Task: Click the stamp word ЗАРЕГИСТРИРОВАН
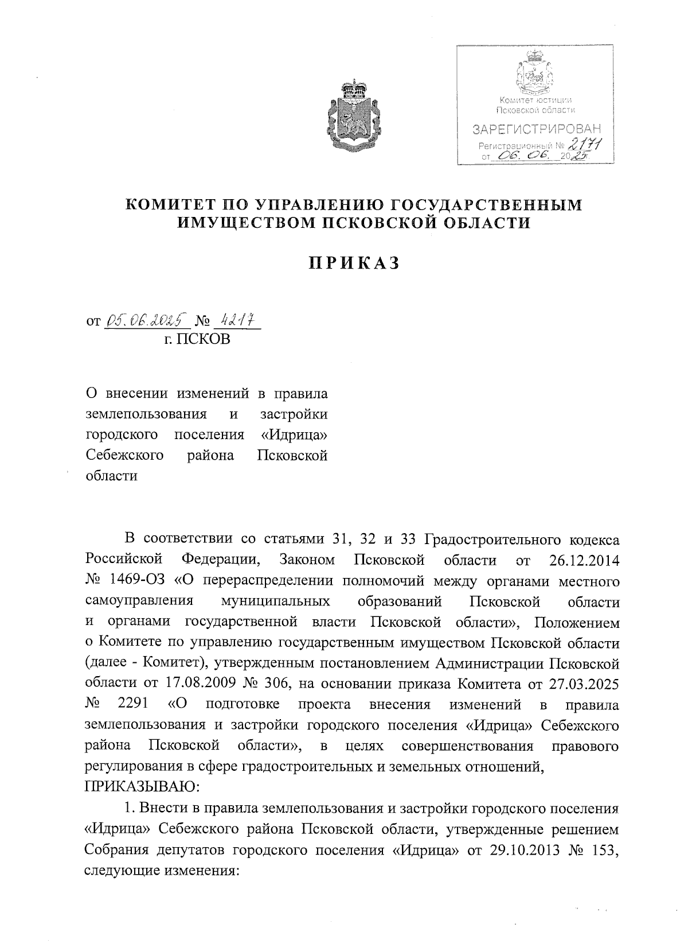point(537,129)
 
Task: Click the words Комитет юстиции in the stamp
point(535,101)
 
